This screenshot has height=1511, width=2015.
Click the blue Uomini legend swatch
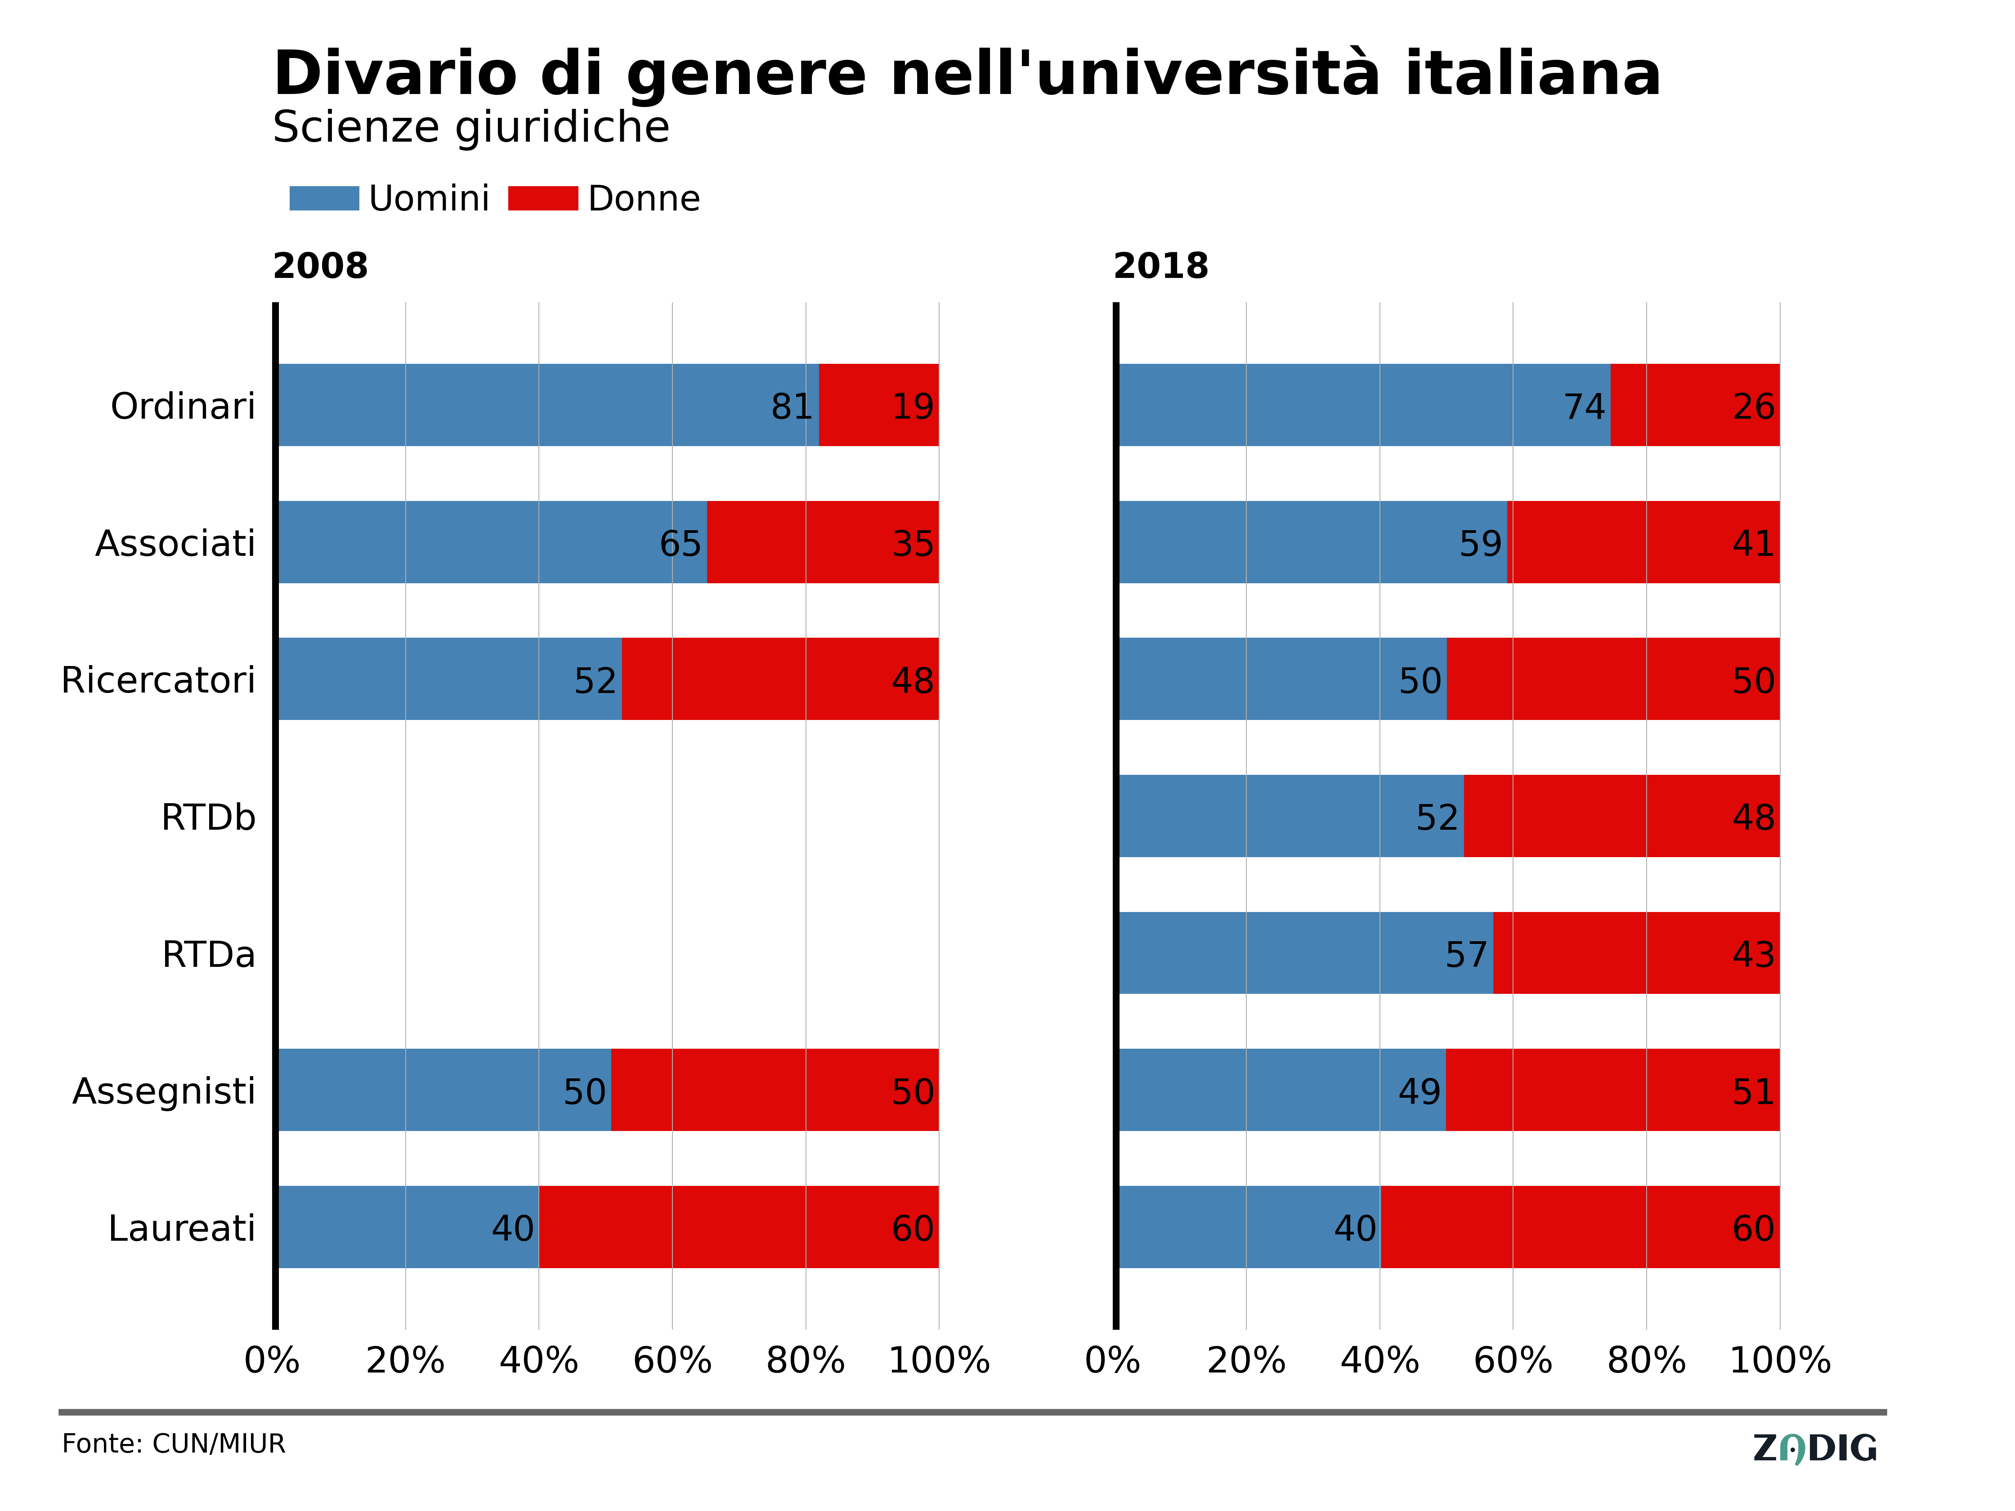[324, 199]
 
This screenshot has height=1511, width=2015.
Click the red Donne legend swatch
[543, 199]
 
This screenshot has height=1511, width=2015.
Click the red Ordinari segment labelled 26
[1694, 405]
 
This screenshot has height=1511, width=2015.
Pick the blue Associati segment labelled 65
[492, 542]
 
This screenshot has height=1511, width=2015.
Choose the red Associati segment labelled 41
[1644, 542]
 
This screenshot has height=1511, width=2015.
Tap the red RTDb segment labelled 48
[1621, 816]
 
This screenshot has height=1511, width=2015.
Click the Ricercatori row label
[158, 680]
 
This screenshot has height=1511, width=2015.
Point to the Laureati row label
[182, 1229]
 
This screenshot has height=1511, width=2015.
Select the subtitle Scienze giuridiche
[471, 128]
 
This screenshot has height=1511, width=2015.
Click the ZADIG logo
[1814, 1448]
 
